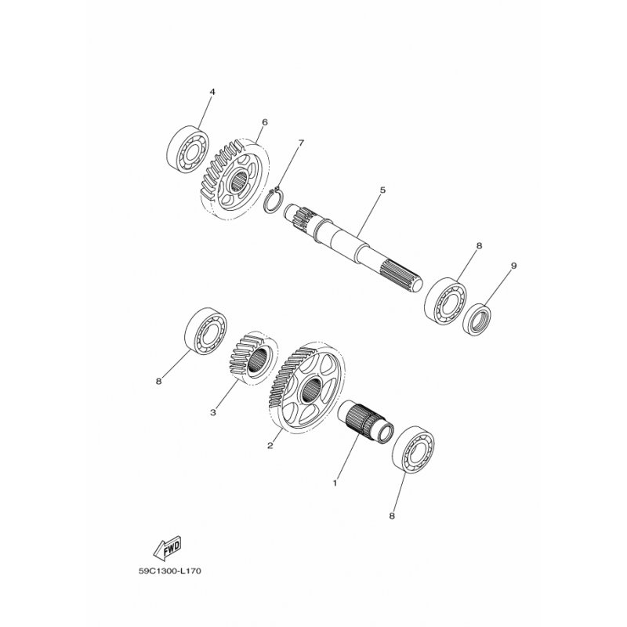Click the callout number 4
point(212,92)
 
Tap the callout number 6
point(264,122)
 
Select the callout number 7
point(301,143)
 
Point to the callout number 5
point(382,190)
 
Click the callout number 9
point(514,266)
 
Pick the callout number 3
point(212,412)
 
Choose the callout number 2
point(270,445)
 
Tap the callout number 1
point(335,483)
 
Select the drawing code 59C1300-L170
point(170,571)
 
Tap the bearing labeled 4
point(187,150)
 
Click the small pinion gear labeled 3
point(253,358)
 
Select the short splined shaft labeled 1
point(365,422)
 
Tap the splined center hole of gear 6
point(240,181)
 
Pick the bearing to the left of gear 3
point(205,331)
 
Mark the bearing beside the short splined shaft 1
point(414,450)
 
